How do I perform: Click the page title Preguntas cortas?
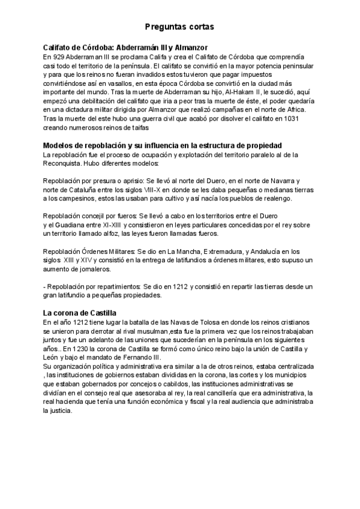point(179,27)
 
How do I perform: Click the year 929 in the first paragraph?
point(59,56)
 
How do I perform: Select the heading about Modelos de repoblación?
point(163,146)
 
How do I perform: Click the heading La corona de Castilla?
point(80,313)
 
